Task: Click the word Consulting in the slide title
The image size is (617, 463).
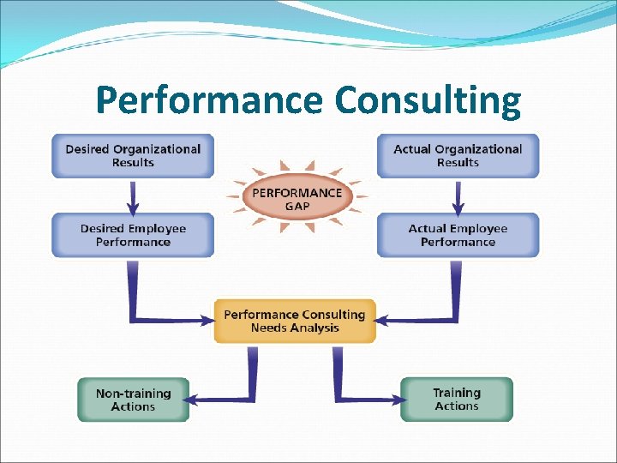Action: point(428,100)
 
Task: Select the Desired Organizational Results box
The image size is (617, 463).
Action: point(133,155)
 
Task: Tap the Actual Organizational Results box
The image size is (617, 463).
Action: point(458,155)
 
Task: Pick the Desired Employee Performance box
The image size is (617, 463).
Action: point(133,235)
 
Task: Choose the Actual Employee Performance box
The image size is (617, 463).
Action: point(458,235)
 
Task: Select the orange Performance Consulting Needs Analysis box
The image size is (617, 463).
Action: point(295,321)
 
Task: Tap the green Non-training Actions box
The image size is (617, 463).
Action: point(133,400)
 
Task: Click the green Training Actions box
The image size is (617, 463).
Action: point(456,399)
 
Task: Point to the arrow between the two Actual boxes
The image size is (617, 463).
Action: point(458,196)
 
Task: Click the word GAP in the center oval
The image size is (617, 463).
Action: point(296,206)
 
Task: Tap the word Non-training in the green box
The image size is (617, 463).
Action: point(133,394)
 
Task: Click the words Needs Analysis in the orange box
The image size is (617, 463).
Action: point(295,328)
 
